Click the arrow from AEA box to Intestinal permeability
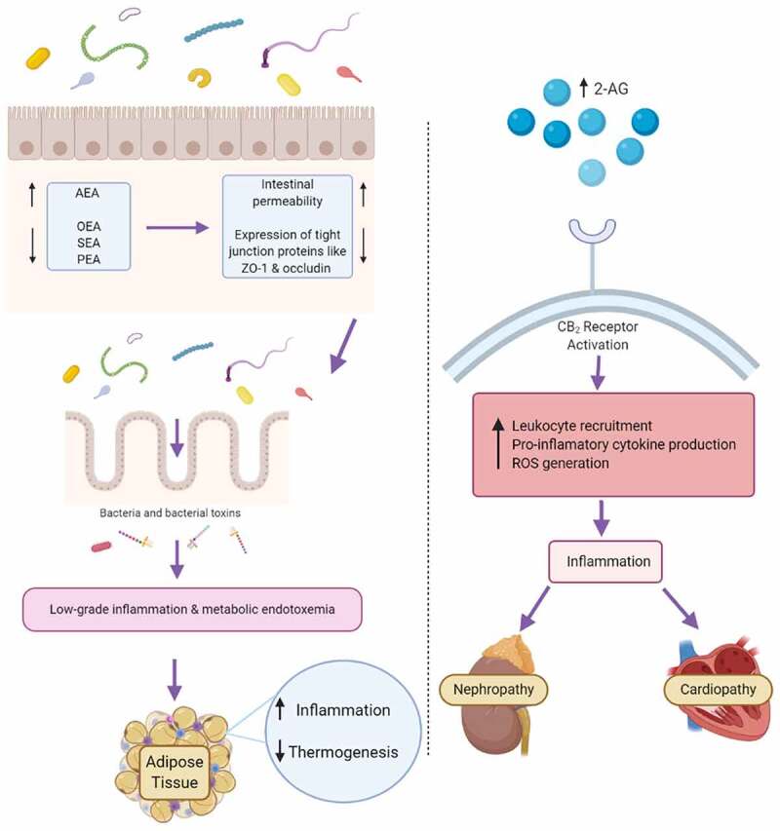coord(177,228)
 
